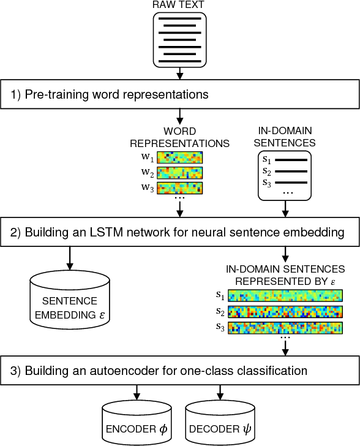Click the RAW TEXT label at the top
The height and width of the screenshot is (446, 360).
coord(179,6)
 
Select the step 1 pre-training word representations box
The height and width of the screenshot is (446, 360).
coord(179,95)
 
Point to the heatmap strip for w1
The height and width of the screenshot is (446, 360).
coord(180,157)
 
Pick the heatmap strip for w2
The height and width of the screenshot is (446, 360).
coord(180,172)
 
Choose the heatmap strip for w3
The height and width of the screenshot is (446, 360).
coord(180,187)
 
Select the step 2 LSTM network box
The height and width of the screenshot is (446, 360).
coord(179,233)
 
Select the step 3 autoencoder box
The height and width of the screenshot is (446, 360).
coord(179,371)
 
